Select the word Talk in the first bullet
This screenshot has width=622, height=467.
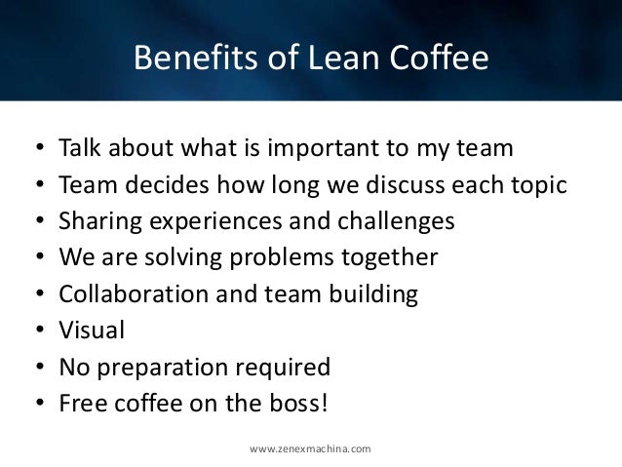tap(80, 149)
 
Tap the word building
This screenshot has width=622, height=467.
tap(376, 293)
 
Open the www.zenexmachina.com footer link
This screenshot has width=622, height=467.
tap(310, 448)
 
